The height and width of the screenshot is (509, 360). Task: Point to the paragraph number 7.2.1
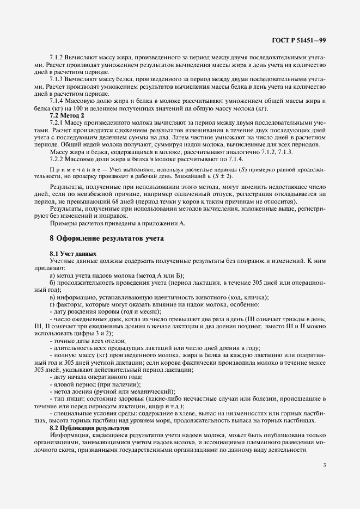(x=58, y=123)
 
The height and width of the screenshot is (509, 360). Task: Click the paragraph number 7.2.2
(x=58, y=158)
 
